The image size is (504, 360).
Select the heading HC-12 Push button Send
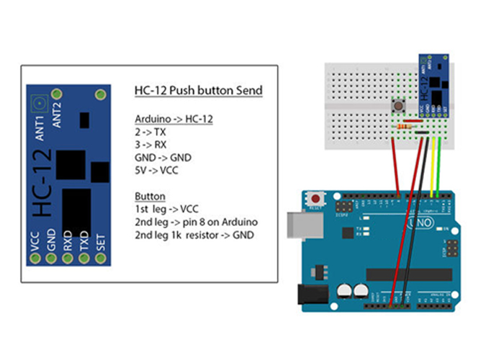click(199, 91)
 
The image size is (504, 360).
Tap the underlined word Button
click(150, 196)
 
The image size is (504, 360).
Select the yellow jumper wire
click(432, 166)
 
